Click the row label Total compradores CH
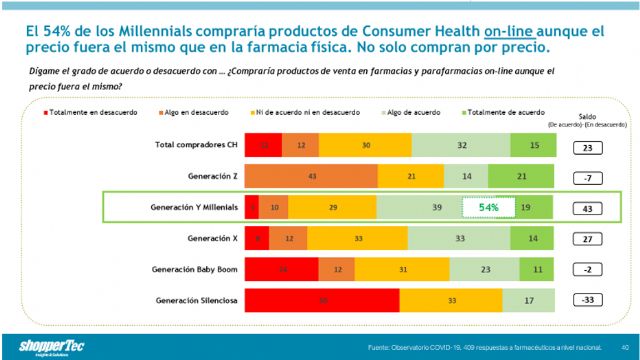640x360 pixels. tap(196, 145)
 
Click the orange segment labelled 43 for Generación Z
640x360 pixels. tap(313, 176)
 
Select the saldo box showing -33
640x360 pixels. tap(587, 300)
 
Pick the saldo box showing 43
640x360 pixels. tap(587, 208)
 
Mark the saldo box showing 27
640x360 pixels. tap(587, 239)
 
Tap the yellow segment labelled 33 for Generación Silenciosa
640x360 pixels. tap(451, 300)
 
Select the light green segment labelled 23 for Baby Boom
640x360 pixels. tap(484, 269)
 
